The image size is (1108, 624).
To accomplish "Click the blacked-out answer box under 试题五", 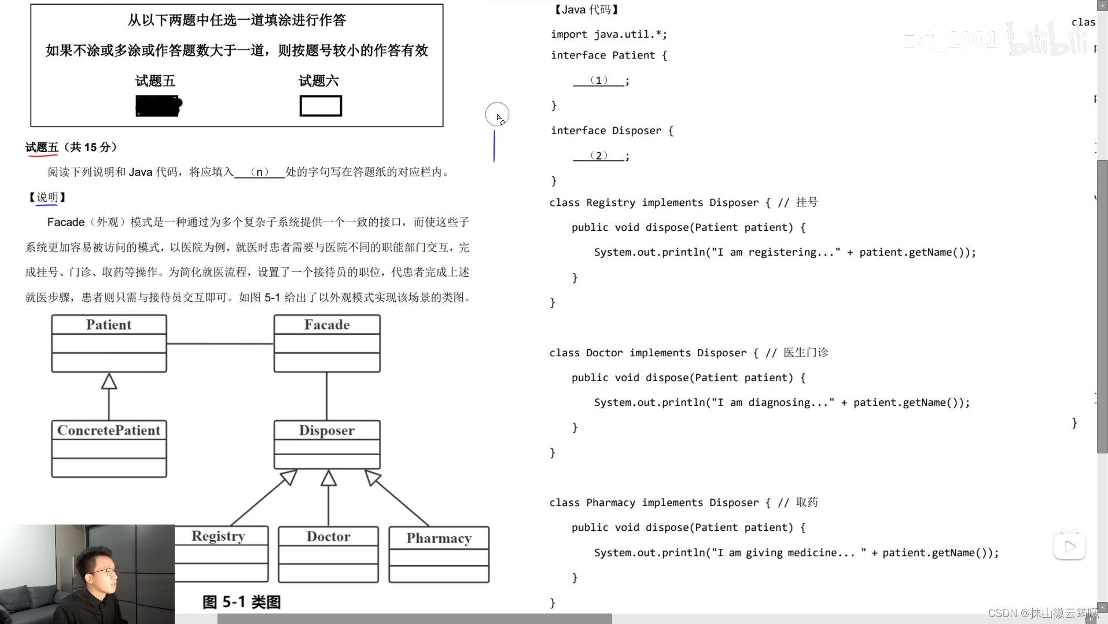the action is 159,106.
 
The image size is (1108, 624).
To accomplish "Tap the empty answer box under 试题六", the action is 321,106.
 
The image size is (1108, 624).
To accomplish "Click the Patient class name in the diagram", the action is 109,325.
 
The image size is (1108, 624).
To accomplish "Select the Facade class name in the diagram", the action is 327,325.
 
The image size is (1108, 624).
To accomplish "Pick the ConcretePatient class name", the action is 109,430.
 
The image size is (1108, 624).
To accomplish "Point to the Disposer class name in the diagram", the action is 327,430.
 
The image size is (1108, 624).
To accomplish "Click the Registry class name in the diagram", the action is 219,536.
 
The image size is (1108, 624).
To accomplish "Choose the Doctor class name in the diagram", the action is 328,537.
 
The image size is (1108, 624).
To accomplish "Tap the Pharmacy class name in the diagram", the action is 439,538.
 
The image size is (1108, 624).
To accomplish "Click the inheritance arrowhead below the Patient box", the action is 109,381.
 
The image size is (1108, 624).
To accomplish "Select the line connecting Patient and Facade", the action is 220,344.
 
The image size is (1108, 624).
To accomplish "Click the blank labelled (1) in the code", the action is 599,80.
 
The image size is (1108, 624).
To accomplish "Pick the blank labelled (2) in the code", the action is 599,156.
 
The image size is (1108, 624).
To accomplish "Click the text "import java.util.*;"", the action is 609,34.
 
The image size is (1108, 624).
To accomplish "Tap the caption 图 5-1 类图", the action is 242,602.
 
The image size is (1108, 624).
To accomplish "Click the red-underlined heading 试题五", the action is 42,147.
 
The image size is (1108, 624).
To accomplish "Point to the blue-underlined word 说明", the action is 47,197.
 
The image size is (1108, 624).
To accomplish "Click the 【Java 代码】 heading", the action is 586,9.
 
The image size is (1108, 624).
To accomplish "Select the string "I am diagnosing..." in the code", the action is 773,403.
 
